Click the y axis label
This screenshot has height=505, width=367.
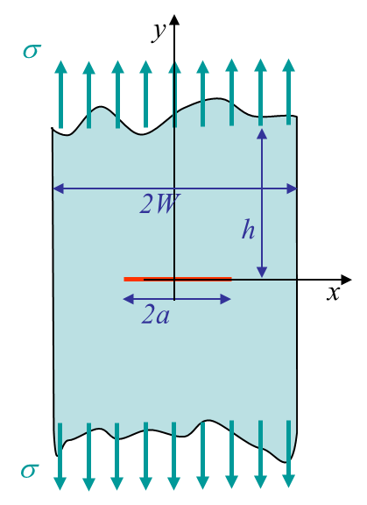tap(159, 32)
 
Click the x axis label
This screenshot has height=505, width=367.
tap(333, 294)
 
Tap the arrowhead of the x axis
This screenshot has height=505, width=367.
tap(346, 280)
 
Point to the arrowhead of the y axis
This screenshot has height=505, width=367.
tap(174, 19)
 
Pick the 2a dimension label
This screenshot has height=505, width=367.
tap(155, 315)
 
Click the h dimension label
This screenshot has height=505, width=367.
tap(248, 230)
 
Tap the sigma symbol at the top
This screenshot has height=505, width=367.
tap(32, 51)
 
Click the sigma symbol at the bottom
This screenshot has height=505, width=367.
tap(30, 471)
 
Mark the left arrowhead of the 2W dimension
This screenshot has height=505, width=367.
tap(58, 188)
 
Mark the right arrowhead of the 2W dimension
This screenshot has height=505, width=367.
tap(292, 188)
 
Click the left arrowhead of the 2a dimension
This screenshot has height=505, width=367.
tap(129, 299)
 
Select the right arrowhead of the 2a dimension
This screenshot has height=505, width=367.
tap(226, 299)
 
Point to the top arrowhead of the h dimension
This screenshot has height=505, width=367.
tap(262, 133)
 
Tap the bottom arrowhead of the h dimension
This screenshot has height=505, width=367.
tap(262, 272)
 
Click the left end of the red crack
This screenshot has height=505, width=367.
tap(124, 279)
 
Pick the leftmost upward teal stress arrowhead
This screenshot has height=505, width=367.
tap(60, 67)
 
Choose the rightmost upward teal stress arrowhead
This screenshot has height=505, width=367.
tap(288, 66)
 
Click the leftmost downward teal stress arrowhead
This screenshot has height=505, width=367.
tap(60, 483)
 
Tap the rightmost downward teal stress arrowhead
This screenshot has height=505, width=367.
tap(288, 480)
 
